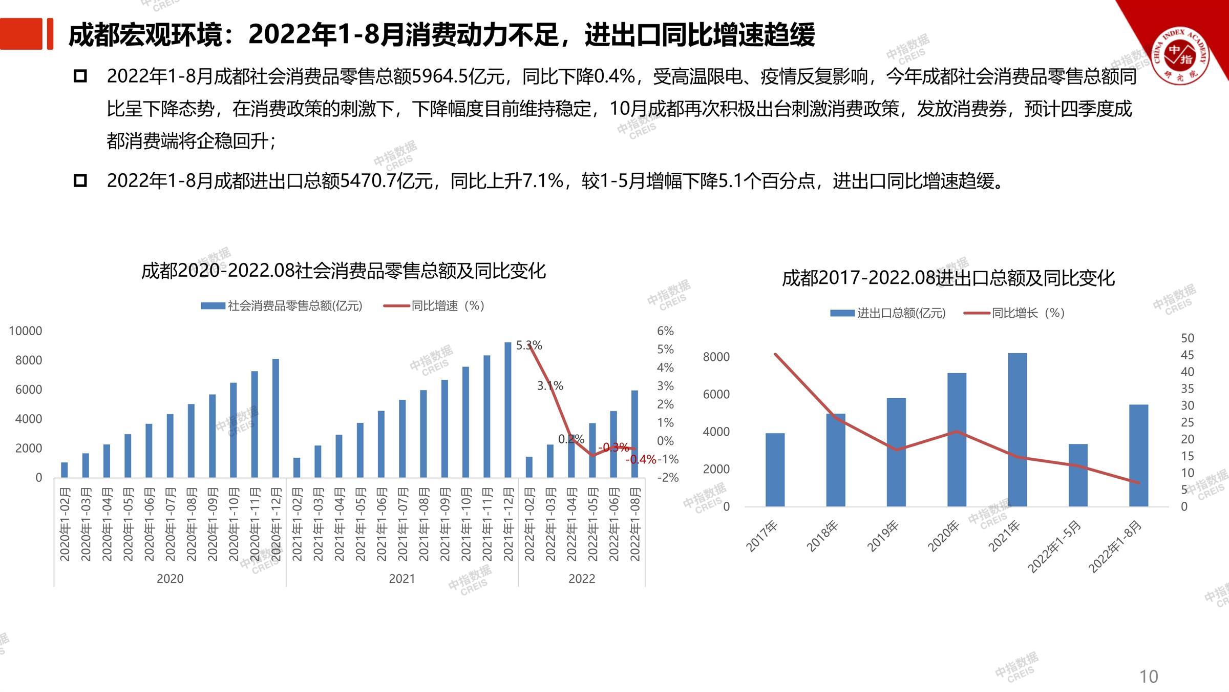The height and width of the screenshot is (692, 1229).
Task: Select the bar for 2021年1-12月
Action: pyautogui.click(x=508, y=410)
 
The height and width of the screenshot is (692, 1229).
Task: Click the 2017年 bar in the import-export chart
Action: pyautogui.click(x=775, y=470)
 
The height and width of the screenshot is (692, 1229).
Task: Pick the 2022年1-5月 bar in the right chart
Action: pyautogui.click(x=1078, y=475)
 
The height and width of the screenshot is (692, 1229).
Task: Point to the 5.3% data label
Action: pyautogui.click(x=529, y=345)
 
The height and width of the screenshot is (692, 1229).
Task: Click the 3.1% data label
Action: pyautogui.click(x=550, y=385)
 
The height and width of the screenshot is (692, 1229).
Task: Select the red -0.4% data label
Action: pyautogui.click(x=641, y=459)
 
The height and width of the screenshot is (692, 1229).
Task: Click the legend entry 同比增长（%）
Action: pyautogui.click(x=1028, y=313)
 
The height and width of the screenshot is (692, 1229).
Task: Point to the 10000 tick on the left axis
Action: pyautogui.click(x=26, y=331)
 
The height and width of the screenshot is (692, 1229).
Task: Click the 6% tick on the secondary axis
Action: pyautogui.click(x=665, y=331)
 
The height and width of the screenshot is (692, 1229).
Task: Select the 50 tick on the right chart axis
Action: pyautogui.click(x=1187, y=338)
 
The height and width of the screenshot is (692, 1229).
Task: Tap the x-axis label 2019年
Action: pyautogui.click(x=882, y=536)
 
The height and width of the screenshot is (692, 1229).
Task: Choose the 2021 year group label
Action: pyautogui.click(x=402, y=579)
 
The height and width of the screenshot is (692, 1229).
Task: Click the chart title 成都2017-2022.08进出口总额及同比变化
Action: pyautogui.click(x=948, y=278)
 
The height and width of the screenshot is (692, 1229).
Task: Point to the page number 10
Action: pyautogui.click(x=1149, y=677)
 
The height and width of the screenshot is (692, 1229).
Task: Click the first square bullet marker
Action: pyautogui.click(x=80, y=76)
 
